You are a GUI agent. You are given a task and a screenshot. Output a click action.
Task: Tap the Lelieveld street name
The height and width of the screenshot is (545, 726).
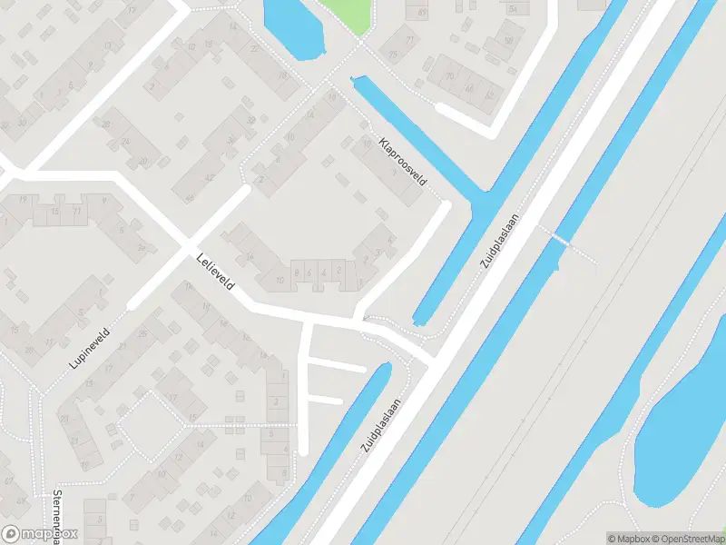click(215, 272)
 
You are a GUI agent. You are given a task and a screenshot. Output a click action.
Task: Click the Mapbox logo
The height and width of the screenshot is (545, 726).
click(40, 534)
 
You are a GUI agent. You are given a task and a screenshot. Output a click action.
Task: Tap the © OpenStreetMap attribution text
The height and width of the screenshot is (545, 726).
click(686, 539)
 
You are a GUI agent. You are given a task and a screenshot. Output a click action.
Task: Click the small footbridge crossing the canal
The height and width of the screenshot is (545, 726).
click(566, 242)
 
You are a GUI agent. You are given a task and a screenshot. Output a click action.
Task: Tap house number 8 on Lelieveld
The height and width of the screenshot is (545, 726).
click(296, 272)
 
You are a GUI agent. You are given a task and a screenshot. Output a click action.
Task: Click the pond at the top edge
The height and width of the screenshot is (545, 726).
click(292, 25)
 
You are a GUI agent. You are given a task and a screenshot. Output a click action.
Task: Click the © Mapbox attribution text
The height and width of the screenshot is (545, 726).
click(626, 539)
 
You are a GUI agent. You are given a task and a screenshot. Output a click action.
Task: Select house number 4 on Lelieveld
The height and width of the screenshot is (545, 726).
click(323, 272)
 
